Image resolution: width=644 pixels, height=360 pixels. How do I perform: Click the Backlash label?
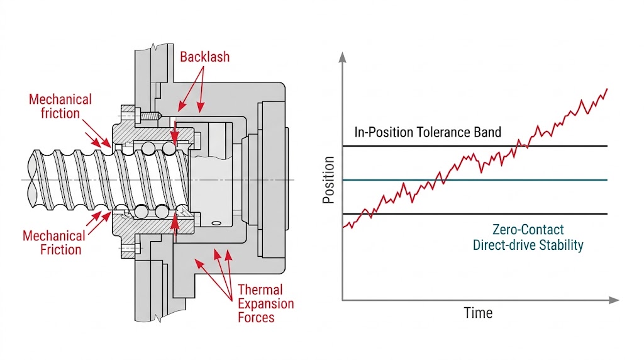click(205, 57)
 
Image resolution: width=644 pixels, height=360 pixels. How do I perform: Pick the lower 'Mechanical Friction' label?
click(53, 243)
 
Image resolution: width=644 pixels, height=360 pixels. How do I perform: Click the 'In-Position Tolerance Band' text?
click(428, 132)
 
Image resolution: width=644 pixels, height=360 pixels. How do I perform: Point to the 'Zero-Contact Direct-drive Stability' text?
click(528, 237)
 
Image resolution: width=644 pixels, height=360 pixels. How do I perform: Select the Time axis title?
click(478, 313)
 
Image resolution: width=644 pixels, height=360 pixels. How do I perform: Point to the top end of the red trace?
click(607, 89)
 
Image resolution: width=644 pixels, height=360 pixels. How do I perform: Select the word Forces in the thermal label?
click(256, 317)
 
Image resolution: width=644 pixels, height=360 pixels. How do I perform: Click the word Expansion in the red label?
click(265, 303)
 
